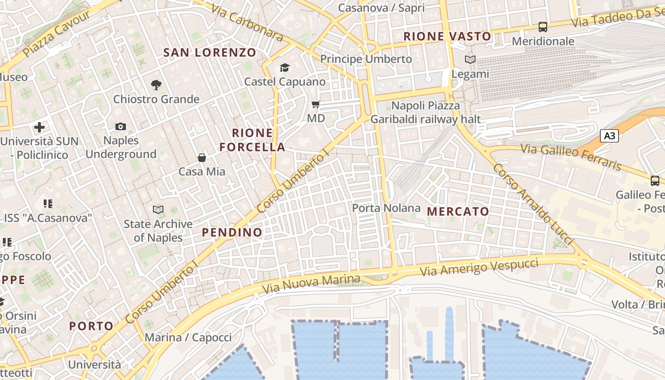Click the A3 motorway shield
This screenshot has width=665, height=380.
(x=609, y=136)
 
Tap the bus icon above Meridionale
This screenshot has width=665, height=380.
(x=543, y=27)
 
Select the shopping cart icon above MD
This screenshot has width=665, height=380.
(x=316, y=104)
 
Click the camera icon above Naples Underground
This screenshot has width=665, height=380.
(x=121, y=126)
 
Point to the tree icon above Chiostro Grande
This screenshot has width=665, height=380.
(x=156, y=85)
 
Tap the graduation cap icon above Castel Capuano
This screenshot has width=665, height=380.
(x=285, y=67)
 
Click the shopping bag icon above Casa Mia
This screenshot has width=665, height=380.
(x=202, y=158)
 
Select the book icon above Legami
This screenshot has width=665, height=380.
(x=470, y=60)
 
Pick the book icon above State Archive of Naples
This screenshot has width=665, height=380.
(x=158, y=209)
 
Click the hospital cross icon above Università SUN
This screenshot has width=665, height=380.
(x=39, y=127)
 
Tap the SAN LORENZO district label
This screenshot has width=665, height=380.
(x=209, y=53)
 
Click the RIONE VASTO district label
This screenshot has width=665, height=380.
(x=447, y=36)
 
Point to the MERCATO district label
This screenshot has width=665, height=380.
(x=458, y=211)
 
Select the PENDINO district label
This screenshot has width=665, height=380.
(x=232, y=232)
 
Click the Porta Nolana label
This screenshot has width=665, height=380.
(x=386, y=208)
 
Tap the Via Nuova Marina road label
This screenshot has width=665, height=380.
(x=311, y=284)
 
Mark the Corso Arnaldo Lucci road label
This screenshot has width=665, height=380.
(x=533, y=205)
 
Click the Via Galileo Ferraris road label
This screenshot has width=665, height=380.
(x=571, y=157)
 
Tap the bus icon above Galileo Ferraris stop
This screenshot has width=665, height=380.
(x=655, y=180)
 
